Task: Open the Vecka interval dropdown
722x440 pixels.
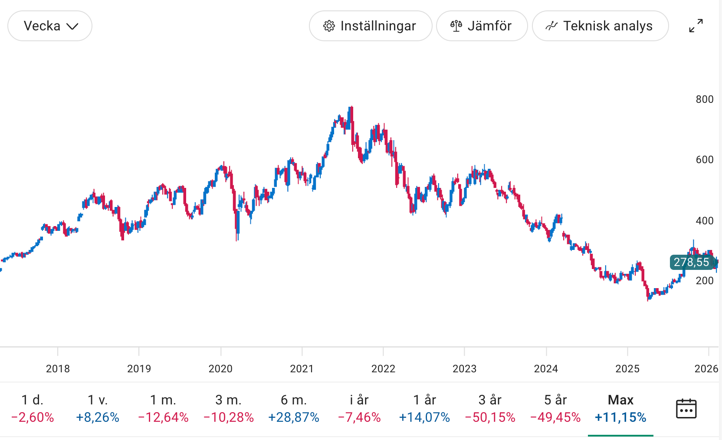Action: tap(50, 26)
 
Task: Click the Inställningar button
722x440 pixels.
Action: tap(371, 26)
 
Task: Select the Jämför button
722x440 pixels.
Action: tap(482, 26)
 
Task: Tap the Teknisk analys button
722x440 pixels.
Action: tap(600, 26)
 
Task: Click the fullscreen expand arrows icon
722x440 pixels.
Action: tap(696, 26)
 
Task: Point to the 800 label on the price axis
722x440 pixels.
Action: tap(704, 99)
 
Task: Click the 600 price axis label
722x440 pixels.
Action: tap(704, 160)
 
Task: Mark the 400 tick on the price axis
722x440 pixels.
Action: tap(704, 221)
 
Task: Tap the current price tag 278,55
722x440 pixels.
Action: tap(691, 262)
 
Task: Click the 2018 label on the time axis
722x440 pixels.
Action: tap(58, 369)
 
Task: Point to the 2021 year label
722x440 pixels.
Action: tap(302, 369)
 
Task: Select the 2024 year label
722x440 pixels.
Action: tap(546, 369)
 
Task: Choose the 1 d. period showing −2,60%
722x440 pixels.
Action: tap(33, 408)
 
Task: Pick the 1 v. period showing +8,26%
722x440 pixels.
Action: tap(98, 408)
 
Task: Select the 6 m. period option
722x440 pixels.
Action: tap(294, 408)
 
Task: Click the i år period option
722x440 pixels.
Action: tap(359, 408)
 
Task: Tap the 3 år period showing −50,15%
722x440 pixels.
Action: tap(490, 408)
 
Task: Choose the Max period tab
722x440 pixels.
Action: tap(620, 408)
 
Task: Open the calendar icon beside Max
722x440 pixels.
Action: tap(686, 409)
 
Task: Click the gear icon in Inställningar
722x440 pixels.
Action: tap(329, 26)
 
